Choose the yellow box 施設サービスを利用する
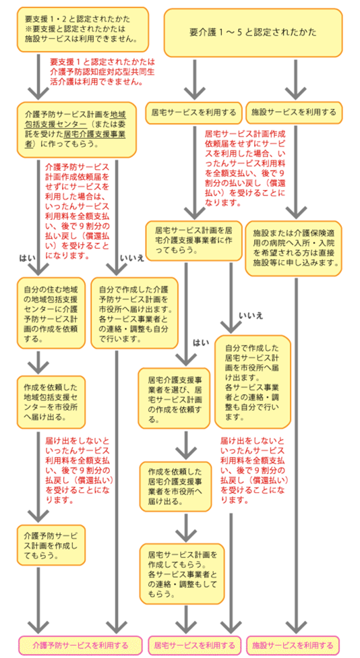pyautogui.click(x=293, y=112)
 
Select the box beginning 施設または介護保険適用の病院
pyautogui.click(x=293, y=246)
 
